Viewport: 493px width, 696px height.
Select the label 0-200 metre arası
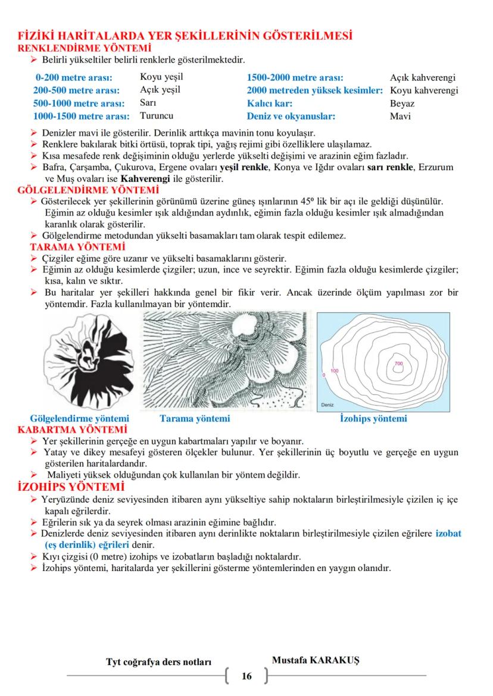click(74, 77)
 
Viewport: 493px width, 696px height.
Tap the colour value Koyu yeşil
click(161, 77)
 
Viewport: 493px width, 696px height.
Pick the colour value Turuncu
click(157, 116)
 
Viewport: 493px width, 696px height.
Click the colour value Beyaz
click(402, 104)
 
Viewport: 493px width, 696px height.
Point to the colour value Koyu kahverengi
click(424, 90)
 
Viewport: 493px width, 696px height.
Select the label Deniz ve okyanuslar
click(291, 117)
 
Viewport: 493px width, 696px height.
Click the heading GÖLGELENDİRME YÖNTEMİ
click(89, 190)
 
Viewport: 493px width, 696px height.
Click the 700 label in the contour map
click(398, 363)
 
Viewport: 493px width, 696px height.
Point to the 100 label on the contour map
click(334, 371)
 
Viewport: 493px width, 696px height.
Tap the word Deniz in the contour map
click(327, 405)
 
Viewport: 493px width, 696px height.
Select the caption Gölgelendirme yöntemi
click(79, 419)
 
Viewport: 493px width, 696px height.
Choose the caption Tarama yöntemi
click(195, 419)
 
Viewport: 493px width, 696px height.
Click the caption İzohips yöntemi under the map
click(373, 419)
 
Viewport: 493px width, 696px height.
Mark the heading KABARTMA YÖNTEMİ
click(73, 429)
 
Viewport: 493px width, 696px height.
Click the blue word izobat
click(448, 534)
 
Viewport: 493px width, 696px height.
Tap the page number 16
click(246, 676)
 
